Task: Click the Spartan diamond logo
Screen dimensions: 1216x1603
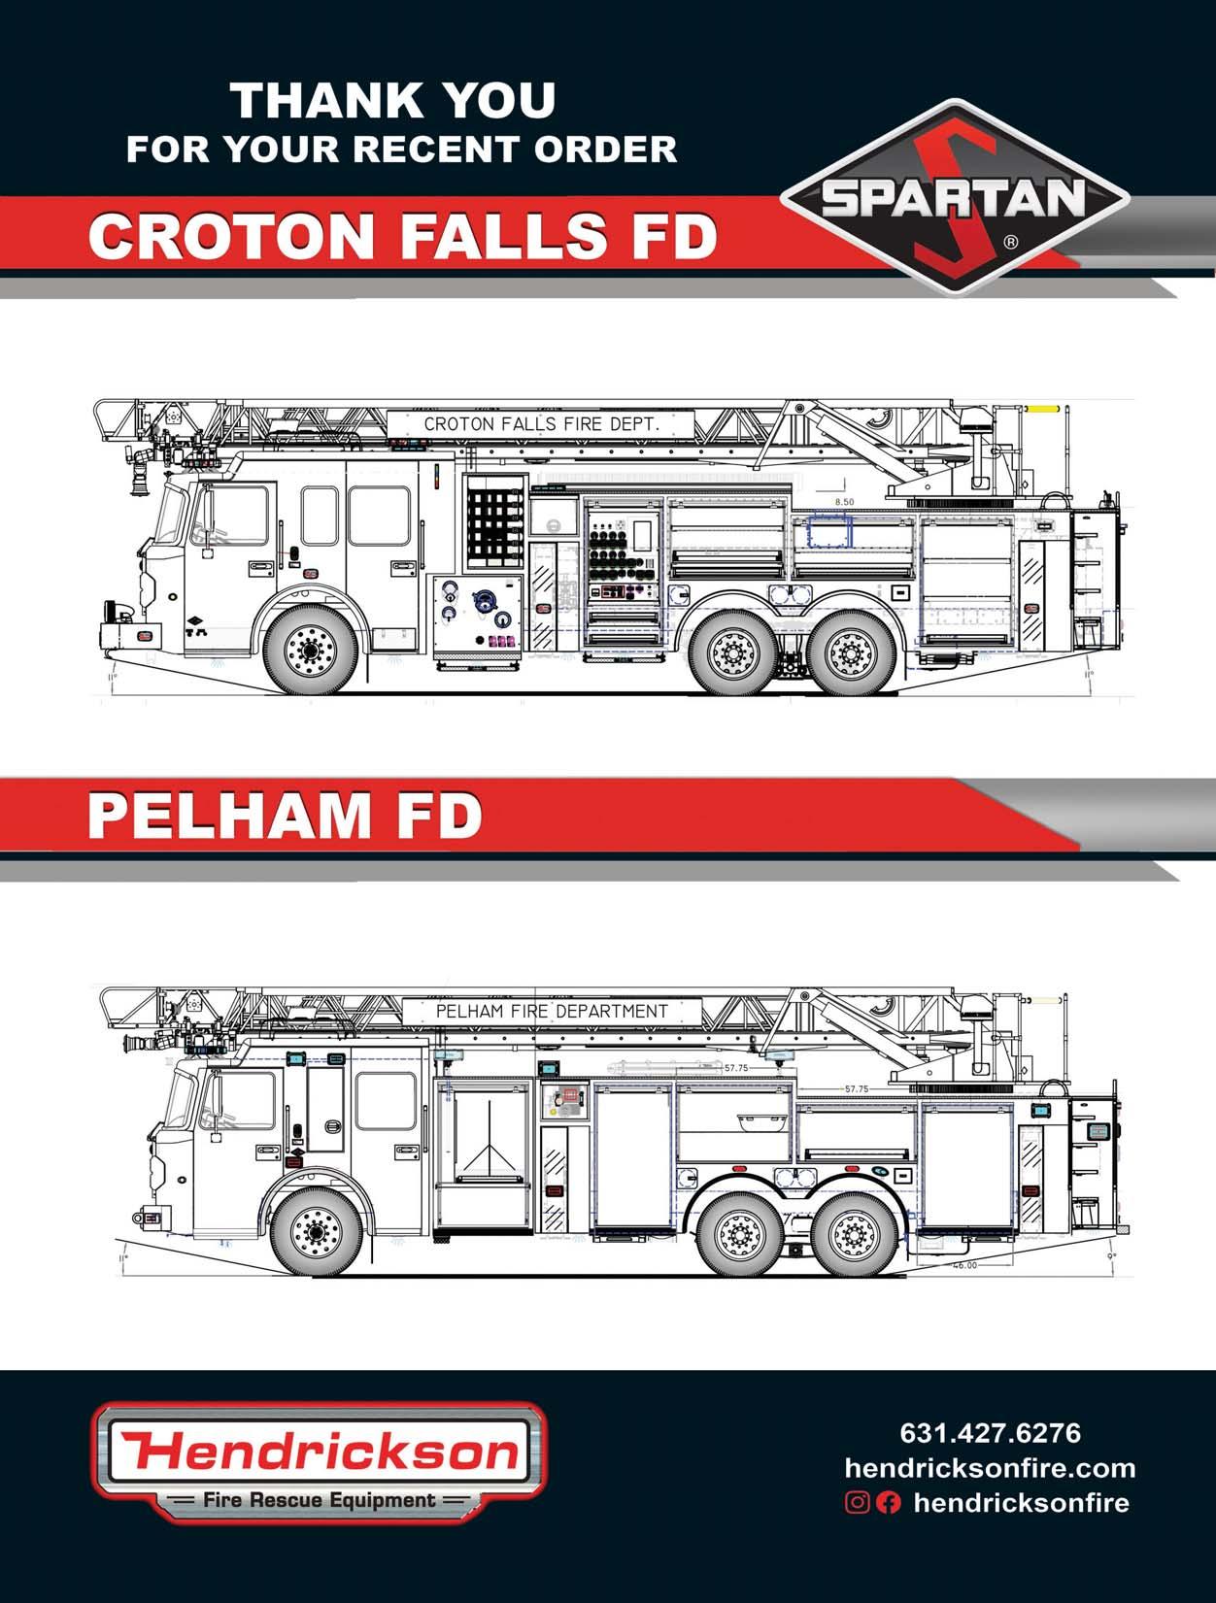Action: (955, 197)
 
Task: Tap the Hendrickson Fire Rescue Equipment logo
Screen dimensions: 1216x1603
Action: (320, 1461)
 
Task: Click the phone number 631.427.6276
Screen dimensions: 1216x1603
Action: (990, 1433)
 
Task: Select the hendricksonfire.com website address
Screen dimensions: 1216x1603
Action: (990, 1467)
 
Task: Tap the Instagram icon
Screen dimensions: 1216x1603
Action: (857, 1503)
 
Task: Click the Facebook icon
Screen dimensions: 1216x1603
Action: (888, 1503)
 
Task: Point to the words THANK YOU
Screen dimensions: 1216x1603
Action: (392, 101)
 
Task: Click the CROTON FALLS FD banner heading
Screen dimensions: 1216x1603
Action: (402, 236)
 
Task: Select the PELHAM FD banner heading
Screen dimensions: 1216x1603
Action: (285, 816)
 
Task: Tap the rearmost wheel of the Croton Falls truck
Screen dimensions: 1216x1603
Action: (851, 652)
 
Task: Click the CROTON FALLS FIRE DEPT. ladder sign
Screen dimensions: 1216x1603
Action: (541, 424)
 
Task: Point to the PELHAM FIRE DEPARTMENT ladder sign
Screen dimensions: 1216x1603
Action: (552, 1012)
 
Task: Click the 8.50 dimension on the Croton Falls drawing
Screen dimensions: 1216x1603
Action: (844, 502)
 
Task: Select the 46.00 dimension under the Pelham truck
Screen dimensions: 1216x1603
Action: (963, 1265)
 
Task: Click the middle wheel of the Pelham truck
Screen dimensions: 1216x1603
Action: (740, 1234)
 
